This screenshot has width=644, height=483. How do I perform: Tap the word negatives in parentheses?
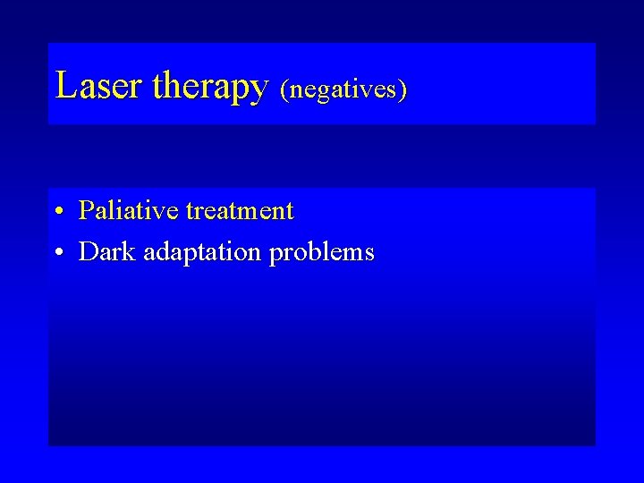pyautogui.click(x=343, y=89)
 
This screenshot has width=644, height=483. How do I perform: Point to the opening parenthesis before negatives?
pyautogui.click(x=284, y=89)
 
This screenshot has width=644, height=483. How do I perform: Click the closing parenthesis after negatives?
pyautogui.click(x=403, y=89)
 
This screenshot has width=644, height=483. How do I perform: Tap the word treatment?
pyautogui.click(x=239, y=212)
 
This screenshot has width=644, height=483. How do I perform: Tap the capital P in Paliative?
pyautogui.click(x=87, y=211)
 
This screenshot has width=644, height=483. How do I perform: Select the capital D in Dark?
pyautogui.click(x=88, y=252)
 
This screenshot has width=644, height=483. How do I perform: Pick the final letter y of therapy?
pyautogui.click(x=259, y=89)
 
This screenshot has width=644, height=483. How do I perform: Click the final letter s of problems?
pyautogui.click(x=369, y=254)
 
